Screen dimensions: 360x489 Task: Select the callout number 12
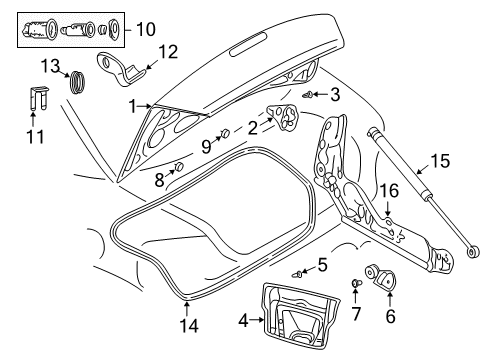(167, 51)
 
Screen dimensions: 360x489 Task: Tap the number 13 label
(49, 66)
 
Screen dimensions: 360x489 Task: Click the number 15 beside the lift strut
(439, 160)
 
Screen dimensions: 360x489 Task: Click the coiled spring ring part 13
(76, 79)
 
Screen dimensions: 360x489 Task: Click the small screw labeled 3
(310, 94)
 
